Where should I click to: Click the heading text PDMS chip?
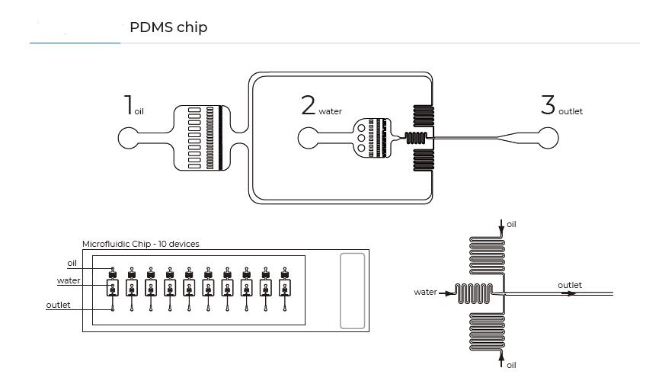[168, 27]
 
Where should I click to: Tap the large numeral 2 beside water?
[308, 105]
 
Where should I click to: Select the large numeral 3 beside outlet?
[548, 105]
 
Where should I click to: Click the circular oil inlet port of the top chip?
[130, 138]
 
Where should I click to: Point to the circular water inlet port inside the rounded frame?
[309, 138]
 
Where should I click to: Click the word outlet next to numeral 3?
[571, 111]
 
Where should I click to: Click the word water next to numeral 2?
[330, 111]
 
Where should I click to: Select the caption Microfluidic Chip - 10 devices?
[140, 244]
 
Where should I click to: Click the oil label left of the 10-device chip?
[72, 263]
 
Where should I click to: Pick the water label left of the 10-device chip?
[69, 281]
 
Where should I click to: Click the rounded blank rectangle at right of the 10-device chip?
[352, 290]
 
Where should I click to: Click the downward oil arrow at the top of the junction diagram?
[501, 226]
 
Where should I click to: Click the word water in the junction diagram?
[424, 292]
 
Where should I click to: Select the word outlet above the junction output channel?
[569, 285]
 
